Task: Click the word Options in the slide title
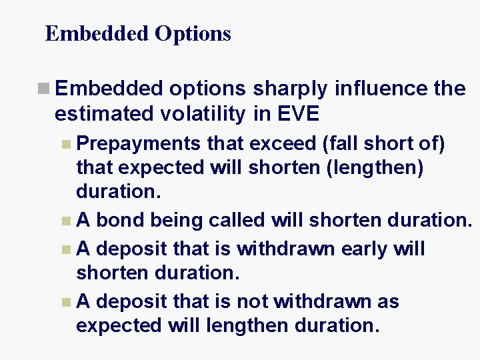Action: (193, 33)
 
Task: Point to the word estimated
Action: (105, 114)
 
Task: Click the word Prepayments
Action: (139, 143)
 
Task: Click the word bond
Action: (117, 220)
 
